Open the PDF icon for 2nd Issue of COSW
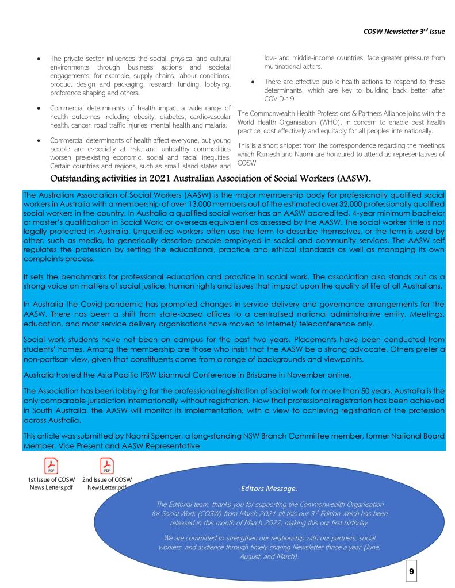[x=107, y=464]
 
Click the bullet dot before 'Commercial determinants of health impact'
[x=39, y=108]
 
